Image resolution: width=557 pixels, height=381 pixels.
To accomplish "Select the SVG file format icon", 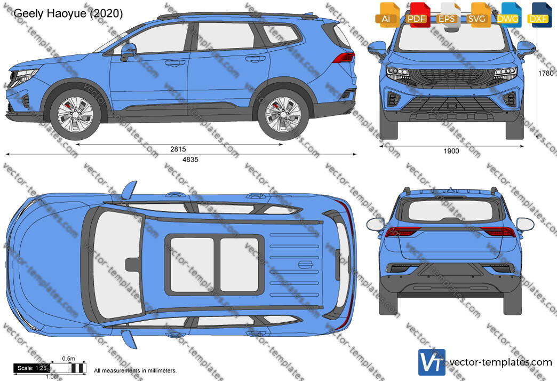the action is tap(478, 15).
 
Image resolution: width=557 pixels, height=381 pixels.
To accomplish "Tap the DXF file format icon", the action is tap(539, 15).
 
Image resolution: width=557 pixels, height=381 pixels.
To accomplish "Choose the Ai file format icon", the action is tap(387, 15).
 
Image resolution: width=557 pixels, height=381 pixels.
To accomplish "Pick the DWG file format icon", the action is tap(508, 15).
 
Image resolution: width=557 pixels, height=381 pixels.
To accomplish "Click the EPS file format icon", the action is tap(448, 15).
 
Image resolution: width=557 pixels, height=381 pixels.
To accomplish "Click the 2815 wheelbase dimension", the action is tap(178, 149).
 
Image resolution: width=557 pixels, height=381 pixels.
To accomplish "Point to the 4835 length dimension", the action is tap(190, 160).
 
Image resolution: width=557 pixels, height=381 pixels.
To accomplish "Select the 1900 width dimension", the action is tap(451, 151).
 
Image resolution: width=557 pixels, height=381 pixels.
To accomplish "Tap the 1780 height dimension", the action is tap(546, 73).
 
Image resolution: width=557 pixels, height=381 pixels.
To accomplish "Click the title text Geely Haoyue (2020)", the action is tap(68, 13).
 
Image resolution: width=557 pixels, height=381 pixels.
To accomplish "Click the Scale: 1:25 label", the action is tap(32, 368).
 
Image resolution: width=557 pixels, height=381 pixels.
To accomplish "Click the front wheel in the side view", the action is tap(75, 115).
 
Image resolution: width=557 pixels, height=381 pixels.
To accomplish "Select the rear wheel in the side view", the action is tap(283, 114).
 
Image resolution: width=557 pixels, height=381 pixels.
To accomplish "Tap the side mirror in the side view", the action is tap(128, 52).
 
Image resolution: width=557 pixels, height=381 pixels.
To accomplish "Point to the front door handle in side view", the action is tap(175, 63).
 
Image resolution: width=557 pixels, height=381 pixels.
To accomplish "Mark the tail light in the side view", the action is tap(344, 57).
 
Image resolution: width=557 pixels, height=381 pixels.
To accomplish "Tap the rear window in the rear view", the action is tap(451, 211).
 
